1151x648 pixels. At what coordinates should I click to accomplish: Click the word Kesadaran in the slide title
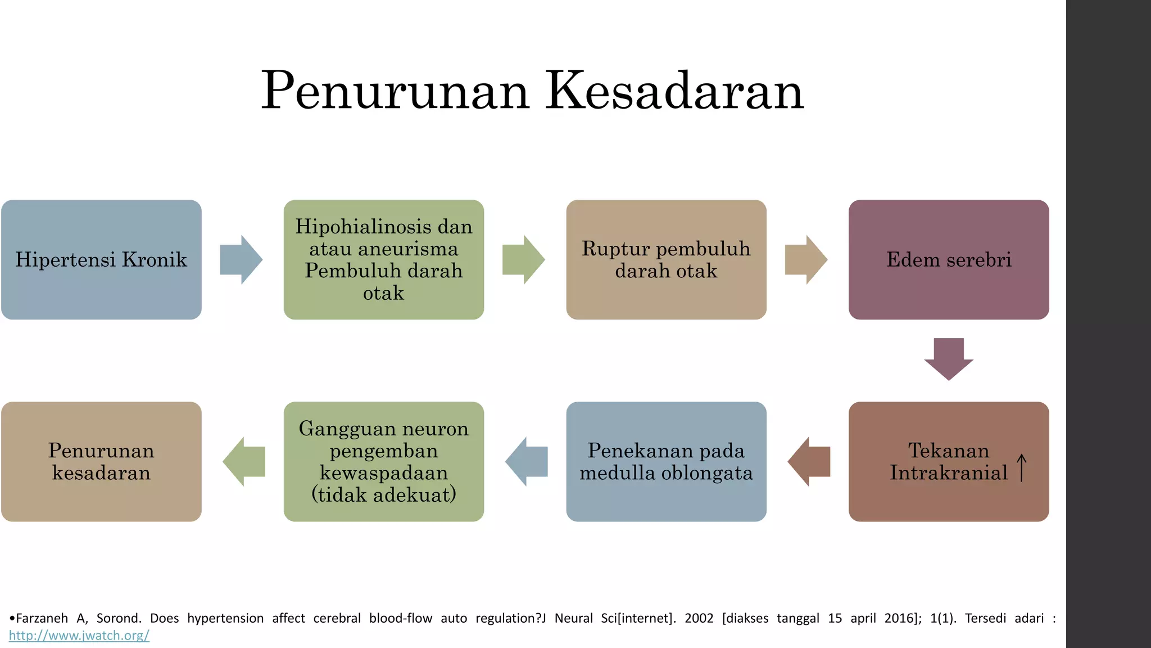(674, 91)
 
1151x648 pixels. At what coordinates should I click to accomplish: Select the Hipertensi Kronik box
(101, 259)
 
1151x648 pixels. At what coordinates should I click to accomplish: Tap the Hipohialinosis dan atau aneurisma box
(384, 259)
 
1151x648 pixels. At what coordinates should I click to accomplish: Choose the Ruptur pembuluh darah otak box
(666, 259)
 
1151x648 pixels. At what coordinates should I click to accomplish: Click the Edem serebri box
(949, 259)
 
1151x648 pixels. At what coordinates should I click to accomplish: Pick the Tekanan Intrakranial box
(949, 461)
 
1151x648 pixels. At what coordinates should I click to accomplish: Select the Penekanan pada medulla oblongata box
(666, 461)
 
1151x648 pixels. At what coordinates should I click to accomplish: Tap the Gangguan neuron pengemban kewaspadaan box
(384, 461)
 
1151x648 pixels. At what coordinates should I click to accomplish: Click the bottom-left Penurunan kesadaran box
(101, 461)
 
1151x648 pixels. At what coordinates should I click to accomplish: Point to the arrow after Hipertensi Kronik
(241, 259)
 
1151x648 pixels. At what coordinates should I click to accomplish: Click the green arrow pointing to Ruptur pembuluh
(523, 259)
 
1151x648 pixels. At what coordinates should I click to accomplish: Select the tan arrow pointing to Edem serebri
(806, 259)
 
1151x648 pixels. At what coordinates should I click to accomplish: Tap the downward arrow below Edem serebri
(949, 359)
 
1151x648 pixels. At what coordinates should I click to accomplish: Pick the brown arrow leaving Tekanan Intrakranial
(809, 461)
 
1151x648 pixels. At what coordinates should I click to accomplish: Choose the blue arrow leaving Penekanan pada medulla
(527, 461)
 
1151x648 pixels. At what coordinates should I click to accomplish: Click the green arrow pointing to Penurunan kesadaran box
(244, 461)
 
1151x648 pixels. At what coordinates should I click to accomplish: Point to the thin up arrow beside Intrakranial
(1022, 468)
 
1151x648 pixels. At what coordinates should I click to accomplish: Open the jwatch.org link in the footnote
(79, 636)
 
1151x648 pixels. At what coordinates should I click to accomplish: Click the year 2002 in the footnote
(699, 618)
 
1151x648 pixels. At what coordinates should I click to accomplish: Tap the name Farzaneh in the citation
(42, 618)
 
